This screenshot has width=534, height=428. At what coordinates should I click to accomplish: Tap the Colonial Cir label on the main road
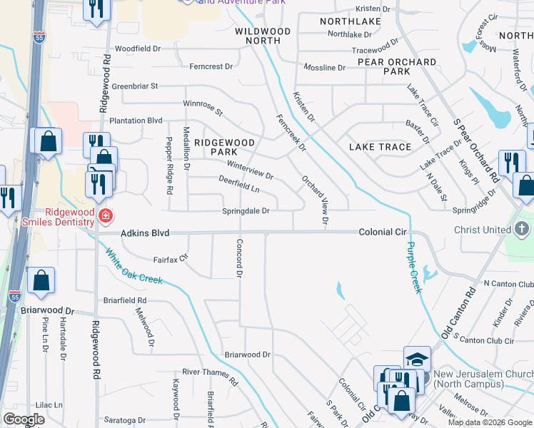[382, 233]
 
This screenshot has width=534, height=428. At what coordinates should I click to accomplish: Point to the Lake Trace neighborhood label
[380, 147]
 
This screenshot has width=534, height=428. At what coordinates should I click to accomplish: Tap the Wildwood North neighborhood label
[263, 36]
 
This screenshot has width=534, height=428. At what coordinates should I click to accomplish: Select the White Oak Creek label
[134, 266]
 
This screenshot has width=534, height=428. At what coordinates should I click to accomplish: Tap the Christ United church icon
[522, 230]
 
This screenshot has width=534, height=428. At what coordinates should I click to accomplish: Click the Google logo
[24, 419]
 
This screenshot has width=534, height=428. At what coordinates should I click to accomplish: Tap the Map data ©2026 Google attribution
[490, 422]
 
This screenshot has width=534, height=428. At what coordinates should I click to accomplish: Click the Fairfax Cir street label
[170, 260]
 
